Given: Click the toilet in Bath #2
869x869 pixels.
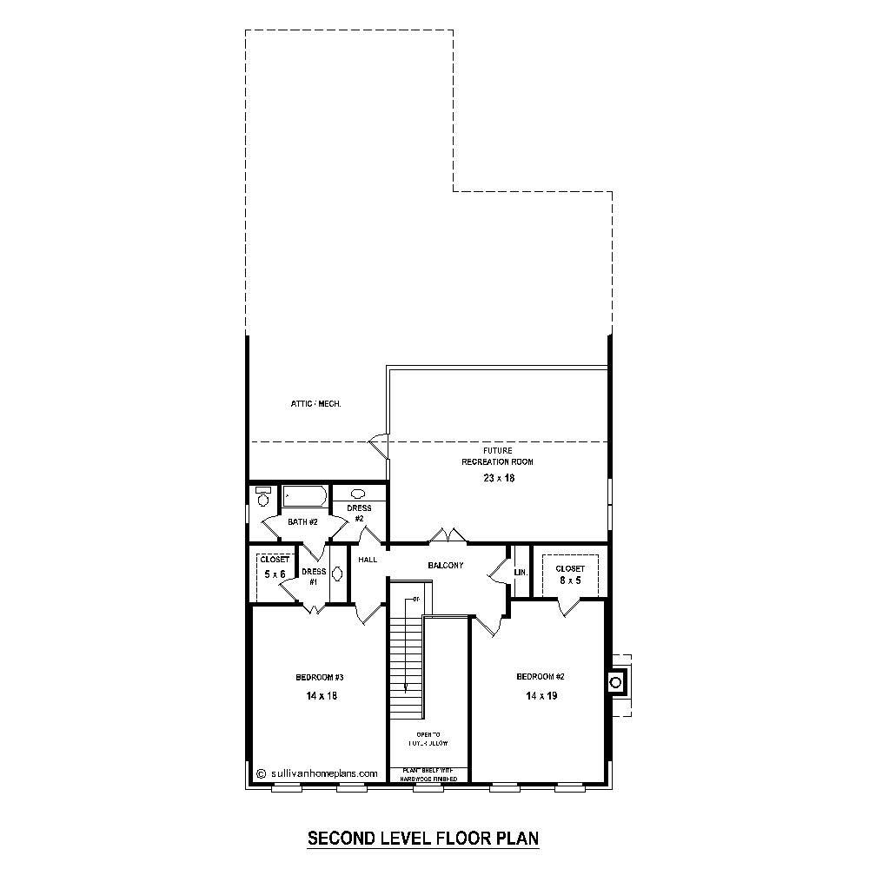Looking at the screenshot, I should point(263,497).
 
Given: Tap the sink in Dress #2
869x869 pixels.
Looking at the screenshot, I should point(358,494).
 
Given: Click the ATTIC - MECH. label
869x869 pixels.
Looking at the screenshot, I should point(315,404).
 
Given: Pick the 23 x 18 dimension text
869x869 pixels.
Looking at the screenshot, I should point(499,478).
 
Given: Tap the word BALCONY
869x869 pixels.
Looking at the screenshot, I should point(446,566).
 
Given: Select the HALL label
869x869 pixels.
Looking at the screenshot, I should point(367,561).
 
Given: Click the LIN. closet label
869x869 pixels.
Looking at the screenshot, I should point(521,573).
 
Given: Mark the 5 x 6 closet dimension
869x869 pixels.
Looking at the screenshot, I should point(275,574).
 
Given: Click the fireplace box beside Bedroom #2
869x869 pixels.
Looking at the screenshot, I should point(618,681).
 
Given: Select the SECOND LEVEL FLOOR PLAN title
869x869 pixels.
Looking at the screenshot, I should point(424,839).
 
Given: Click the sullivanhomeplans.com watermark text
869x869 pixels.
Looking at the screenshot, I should point(323,773).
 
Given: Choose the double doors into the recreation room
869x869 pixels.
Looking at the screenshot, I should point(448,535).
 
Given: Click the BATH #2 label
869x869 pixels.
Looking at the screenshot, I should point(303,522).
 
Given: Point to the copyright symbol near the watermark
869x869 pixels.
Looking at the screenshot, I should point(262,773).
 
